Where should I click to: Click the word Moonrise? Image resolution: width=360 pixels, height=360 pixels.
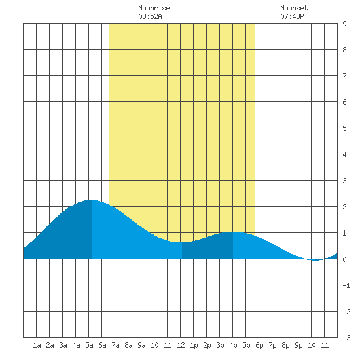coord(154,8)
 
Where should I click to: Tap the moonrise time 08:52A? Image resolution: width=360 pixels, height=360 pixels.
coord(150,16)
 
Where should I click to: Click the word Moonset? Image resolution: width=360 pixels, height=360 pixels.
coord(294,8)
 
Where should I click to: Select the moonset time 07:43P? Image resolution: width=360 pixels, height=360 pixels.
coord(292,16)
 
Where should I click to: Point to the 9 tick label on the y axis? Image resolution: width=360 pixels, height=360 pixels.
coord(344,24)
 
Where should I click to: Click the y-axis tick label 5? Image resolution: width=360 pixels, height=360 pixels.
coord(344,128)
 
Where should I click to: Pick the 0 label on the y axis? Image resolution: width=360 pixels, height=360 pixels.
coord(344,259)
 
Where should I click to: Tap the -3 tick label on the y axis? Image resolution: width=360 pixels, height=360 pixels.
coord(347,338)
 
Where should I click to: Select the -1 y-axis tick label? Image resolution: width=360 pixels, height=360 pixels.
coord(347,285)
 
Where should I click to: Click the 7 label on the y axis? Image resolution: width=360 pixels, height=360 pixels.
coord(344,76)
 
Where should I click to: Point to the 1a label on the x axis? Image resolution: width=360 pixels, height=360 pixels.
coord(37,345)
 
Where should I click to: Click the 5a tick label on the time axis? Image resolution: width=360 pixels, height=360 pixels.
coord(89,345)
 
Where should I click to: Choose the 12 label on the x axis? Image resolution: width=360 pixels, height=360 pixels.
coord(181,345)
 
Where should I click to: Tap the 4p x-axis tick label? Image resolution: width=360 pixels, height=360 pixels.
coord(233,345)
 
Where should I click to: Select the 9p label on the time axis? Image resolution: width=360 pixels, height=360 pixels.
coord(298,345)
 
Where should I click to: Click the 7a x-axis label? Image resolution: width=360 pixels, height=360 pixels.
coord(115,345)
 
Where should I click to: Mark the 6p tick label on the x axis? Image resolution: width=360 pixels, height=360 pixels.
coord(259,345)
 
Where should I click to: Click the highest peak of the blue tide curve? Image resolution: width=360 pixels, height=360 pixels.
coord(92,200)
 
